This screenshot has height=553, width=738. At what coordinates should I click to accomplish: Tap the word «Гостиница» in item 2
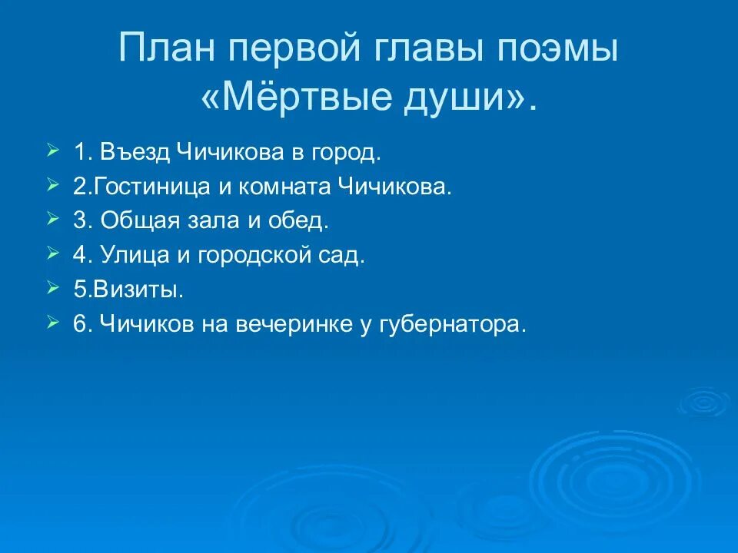tap(151, 187)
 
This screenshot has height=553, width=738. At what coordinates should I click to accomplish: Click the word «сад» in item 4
tap(344, 256)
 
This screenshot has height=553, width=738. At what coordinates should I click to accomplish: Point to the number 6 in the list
tap(79, 325)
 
